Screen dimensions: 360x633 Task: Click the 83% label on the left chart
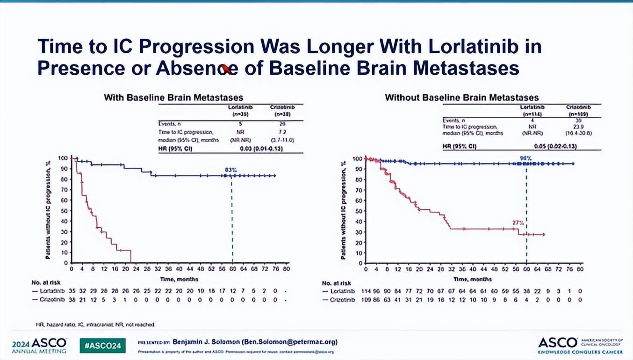[230, 170]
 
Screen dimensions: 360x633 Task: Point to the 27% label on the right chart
[518, 223]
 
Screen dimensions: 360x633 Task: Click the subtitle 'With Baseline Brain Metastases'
[173, 98]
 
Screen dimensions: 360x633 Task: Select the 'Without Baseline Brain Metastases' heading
[462, 98]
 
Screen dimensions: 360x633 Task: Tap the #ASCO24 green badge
[103, 346]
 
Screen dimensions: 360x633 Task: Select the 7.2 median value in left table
[282, 132]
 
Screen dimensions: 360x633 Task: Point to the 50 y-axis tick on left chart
[64, 210]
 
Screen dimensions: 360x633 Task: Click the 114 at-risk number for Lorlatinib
[366, 291]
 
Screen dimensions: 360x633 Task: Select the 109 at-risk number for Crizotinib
[366, 300]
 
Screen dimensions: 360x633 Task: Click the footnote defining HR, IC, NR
[95, 324]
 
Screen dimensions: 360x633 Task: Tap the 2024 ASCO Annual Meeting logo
[40, 345]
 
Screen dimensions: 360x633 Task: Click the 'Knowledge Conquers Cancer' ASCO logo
[580, 345]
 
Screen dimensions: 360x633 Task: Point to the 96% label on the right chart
[526, 158]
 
